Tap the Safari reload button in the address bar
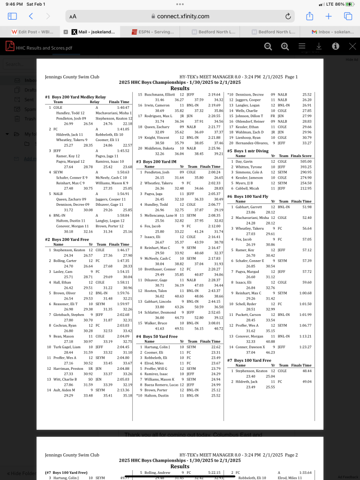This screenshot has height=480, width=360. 288,16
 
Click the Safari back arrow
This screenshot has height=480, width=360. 31,16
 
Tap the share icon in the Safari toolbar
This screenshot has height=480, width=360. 309,16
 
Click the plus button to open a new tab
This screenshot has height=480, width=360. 329,16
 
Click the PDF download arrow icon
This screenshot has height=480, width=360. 319,46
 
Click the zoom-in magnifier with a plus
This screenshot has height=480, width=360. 285,46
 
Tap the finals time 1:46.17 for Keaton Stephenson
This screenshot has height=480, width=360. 122,250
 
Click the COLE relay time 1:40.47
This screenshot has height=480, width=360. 122,107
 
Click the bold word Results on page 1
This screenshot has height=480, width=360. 180,88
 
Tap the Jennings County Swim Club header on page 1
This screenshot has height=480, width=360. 72,76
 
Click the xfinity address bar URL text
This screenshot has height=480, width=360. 183,16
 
